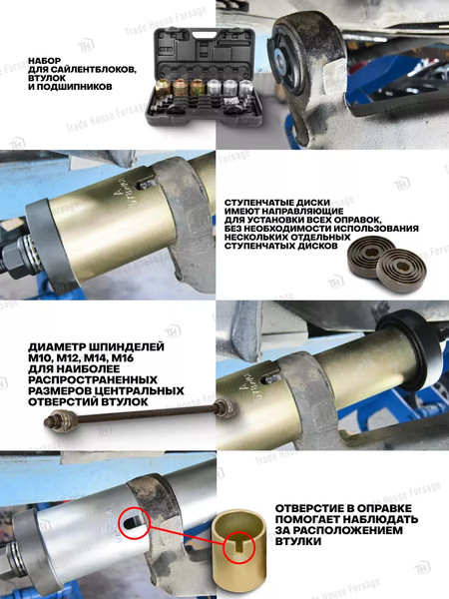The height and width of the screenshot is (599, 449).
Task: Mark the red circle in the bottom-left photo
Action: [x=133, y=496]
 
